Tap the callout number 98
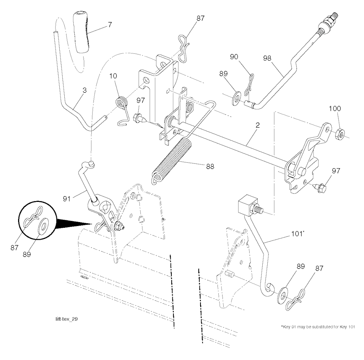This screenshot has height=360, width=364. pos(267,58)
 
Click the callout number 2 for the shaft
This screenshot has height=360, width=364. pos(257,125)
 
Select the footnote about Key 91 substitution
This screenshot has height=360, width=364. pos(318,327)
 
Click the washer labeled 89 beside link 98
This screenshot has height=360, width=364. pos(236,98)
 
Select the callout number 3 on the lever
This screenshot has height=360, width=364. pos(85,90)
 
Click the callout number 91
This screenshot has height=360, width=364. pos(66,199)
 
